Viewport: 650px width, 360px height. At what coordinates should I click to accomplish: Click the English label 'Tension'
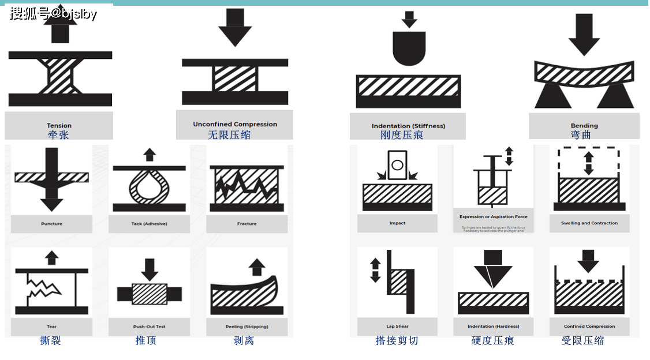click(59, 125)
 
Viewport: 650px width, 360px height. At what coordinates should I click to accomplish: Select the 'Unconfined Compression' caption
click(235, 124)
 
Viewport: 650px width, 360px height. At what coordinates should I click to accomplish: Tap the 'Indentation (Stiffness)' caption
click(408, 126)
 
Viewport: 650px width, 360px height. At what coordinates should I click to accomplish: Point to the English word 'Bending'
click(584, 125)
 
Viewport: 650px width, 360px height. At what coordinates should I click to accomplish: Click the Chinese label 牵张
click(59, 135)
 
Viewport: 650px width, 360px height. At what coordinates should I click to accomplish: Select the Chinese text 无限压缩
click(229, 135)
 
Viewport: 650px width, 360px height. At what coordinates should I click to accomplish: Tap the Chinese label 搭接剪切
click(397, 340)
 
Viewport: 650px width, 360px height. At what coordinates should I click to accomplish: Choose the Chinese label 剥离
click(244, 340)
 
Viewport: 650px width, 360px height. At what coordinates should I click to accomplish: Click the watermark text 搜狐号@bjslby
click(53, 13)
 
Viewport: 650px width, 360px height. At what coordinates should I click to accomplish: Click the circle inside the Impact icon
click(397, 166)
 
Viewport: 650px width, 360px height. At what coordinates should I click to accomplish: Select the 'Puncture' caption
click(51, 223)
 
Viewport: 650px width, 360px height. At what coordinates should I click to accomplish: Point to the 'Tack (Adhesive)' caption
click(149, 223)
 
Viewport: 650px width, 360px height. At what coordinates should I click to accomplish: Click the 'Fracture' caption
click(246, 223)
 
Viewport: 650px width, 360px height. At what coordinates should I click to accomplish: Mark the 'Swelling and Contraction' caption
click(589, 223)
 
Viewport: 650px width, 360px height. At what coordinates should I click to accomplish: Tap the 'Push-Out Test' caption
click(149, 327)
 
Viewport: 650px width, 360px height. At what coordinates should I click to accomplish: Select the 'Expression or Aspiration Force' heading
click(493, 217)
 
